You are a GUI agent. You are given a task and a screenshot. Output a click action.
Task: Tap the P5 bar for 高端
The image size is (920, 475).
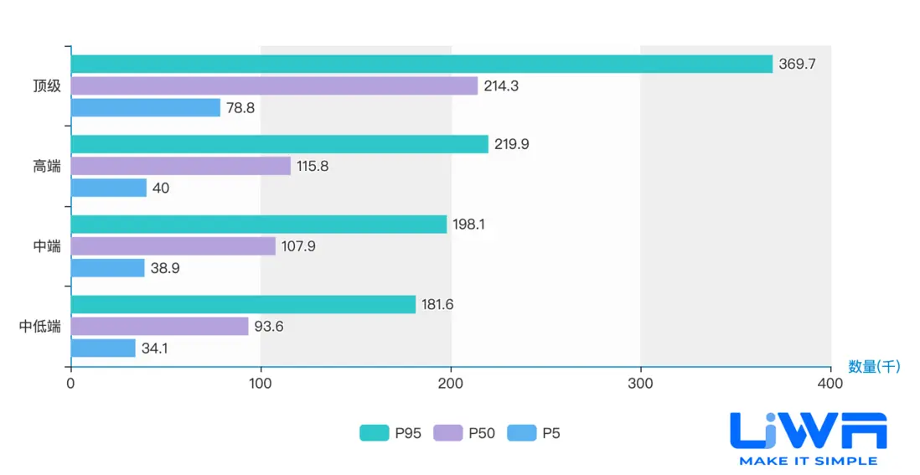[109, 188]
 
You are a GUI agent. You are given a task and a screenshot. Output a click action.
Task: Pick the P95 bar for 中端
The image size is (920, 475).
[259, 225]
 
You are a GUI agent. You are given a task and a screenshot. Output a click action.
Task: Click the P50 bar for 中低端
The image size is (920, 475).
[159, 326]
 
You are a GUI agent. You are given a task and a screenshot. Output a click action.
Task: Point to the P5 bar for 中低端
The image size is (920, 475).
[103, 348]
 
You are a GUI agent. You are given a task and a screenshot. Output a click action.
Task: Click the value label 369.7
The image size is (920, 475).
[797, 65]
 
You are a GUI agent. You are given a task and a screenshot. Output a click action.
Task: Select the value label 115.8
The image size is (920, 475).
[313, 166]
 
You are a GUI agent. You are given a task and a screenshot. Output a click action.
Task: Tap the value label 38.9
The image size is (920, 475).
[165, 268]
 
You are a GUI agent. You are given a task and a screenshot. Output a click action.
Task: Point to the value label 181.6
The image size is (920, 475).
[437, 304]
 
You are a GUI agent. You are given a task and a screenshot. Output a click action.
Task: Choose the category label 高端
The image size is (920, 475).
[47, 166]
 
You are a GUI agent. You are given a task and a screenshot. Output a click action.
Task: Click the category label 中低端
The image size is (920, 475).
[40, 326]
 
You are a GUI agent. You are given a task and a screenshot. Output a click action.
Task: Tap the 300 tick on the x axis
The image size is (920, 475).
[640, 384]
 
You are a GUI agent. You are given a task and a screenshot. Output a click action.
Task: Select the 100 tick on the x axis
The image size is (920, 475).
[261, 384]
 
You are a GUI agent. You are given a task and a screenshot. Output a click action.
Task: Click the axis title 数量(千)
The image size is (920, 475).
[874, 366]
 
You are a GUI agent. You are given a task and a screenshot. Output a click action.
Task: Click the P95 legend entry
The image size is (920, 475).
[386, 433]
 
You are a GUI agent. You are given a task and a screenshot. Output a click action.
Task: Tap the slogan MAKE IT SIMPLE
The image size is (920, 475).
[808, 461]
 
